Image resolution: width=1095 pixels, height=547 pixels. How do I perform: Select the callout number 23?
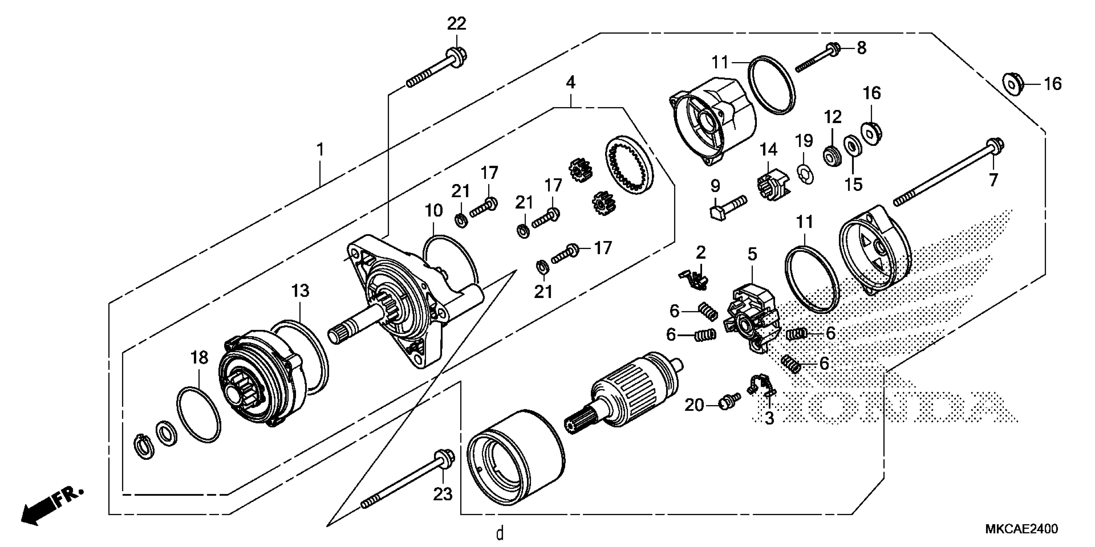(x=443, y=494)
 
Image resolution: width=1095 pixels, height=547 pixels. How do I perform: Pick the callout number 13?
(x=300, y=291)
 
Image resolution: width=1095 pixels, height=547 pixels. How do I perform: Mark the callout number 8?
(x=861, y=48)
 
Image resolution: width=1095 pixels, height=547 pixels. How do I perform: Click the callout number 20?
(x=694, y=405)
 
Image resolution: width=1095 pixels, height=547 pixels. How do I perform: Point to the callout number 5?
(x=752, y=255)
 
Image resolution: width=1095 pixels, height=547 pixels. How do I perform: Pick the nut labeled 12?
(x=832, y=157)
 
